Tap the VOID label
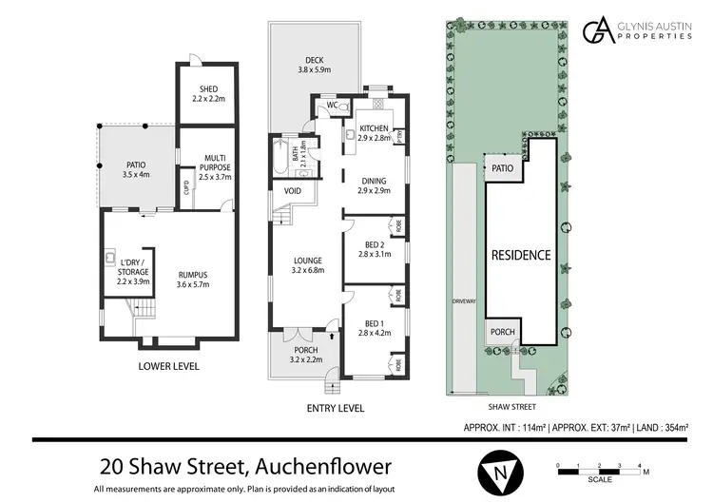(x=293, y=192)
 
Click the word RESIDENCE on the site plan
(x=520, y=255)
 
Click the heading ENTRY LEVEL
(x=336, y=408)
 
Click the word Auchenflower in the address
(x=325, y=468)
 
